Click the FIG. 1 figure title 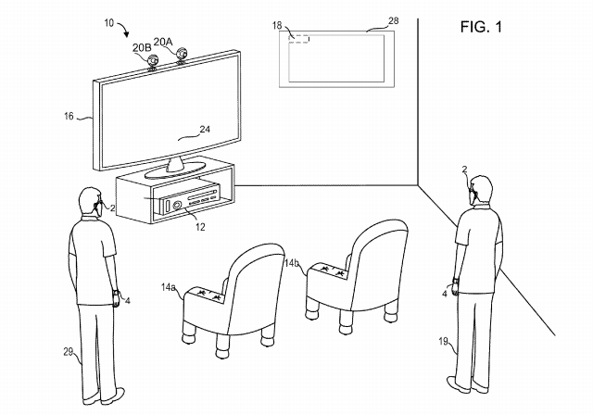(x=481, y=27)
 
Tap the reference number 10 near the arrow (x=109, y=23)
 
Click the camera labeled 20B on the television (x=153, y=62)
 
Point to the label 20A (x=163, y=42)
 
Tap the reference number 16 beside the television (x=69, y=116)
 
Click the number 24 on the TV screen (x=205, y=130)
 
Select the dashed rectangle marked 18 (x=299, y=39)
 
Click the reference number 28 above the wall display (x=393, y=20)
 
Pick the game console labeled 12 (x=190, y=198)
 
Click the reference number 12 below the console (x=200, y=227)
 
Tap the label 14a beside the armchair (x=168, y=287)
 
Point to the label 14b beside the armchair (x=292, y=263)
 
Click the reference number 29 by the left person (x=68, y=352)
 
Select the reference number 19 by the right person (x=443, y=341)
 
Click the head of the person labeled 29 (x=90, y=201)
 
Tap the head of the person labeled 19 (x=480, y=191)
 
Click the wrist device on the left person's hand (x=115, y=293)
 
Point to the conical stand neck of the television (x=175, y=164)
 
